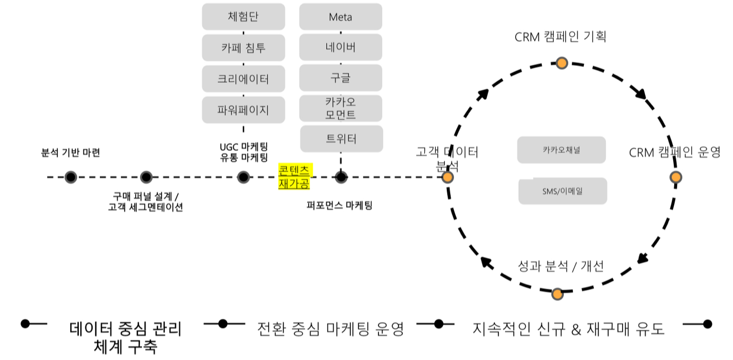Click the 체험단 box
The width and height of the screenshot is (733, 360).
243,17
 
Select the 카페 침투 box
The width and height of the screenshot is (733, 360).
243,48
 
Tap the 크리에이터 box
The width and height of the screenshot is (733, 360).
243,79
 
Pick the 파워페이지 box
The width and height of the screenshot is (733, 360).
243,110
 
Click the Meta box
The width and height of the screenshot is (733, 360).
341,17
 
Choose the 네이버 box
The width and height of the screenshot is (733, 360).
341,47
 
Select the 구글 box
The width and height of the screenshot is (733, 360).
341,78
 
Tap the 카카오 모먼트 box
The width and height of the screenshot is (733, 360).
341,108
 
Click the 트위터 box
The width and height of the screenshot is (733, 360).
341,139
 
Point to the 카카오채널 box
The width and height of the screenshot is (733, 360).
561,150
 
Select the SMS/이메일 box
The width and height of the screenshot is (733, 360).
563,191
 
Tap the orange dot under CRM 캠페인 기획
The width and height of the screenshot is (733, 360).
562,63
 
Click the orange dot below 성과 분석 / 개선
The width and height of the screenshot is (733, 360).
557,294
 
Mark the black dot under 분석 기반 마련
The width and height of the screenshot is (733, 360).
71,177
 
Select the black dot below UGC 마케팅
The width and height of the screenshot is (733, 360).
243,177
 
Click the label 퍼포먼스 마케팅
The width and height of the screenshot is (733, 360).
340,205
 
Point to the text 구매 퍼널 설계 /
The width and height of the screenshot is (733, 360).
146,196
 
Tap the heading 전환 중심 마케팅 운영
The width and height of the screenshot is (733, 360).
330,328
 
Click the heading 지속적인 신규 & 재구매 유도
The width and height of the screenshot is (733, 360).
568,328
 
